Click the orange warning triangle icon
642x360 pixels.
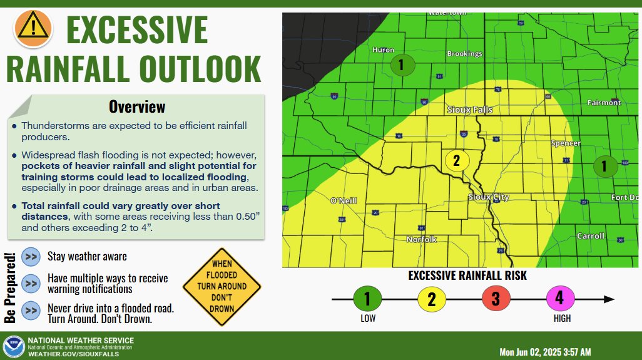pos(31,26)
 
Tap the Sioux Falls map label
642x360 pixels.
pos(470,110)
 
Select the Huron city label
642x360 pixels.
pos(384,50)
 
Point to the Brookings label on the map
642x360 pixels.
pos(464,54)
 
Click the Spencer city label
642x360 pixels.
pos(566,143)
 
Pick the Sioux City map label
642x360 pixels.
pos(489,197)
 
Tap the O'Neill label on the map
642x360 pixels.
pos(343,200)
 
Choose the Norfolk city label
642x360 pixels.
pos(421,239)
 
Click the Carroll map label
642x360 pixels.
pos(591,236)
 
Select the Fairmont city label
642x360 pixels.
pos(604,102)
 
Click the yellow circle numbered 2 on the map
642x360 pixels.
pos(456,160)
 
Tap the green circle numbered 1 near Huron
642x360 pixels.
pos(401,64)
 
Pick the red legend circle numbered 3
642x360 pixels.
pos(496,299)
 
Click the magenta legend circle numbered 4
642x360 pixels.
pos(559,299)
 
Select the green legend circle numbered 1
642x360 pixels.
pos(367,299)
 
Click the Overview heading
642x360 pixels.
pos(137,106)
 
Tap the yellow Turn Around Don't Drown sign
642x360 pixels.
pos(222,285)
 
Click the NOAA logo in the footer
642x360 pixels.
pos(13,346)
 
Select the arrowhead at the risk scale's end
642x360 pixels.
pos(609,299)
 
